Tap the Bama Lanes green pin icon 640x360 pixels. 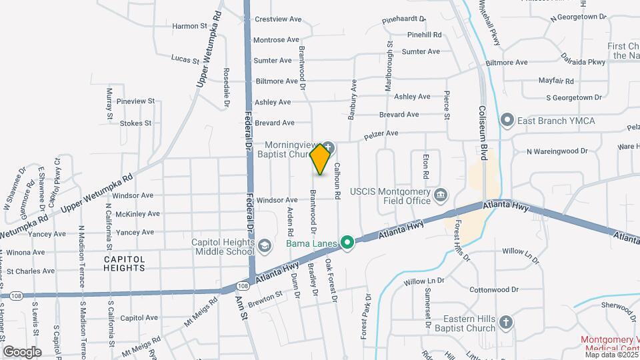[347, 243]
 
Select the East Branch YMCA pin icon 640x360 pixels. [507, 121]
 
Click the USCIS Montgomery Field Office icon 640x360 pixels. [441, 195]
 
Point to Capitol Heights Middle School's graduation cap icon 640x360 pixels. [265, 247]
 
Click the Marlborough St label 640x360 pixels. [389, 67]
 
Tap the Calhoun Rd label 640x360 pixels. [337, 180]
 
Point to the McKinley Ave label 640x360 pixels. [137, 214]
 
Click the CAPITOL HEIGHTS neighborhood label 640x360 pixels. [124, 263]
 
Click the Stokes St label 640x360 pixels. [136, 123]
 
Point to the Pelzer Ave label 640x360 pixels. [381, 136]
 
